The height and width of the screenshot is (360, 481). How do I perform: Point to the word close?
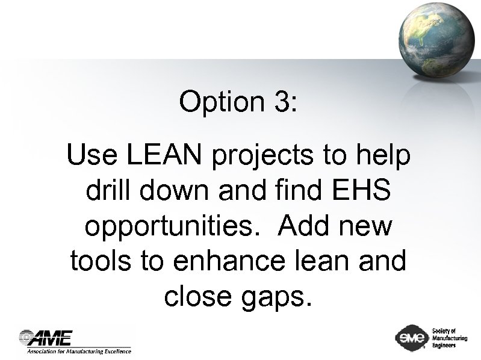click(194, 297)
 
